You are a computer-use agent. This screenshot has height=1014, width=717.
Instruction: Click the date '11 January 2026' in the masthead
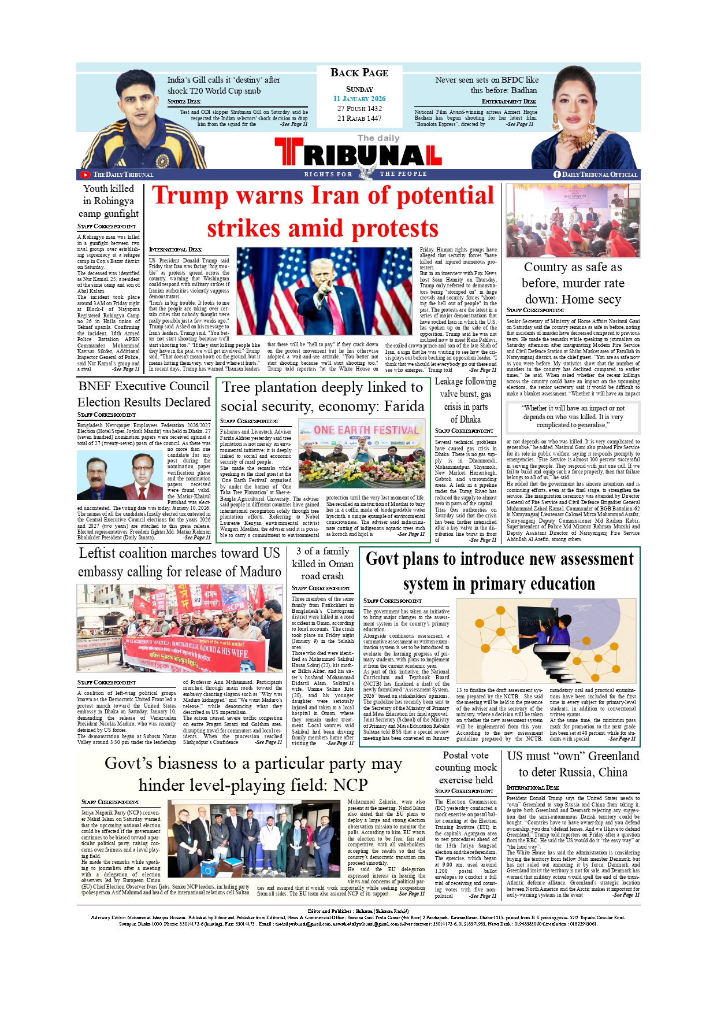(x=359, y=99)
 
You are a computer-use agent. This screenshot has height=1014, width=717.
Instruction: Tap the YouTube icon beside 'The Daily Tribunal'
(x=85, y=175)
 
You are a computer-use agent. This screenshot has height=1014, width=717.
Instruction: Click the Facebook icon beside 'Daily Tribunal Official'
(x=557, y=174)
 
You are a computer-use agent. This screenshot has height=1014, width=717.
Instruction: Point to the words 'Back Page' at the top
(x=359, y=73)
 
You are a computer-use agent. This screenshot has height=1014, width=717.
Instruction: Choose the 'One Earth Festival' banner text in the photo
(x=366, y=430)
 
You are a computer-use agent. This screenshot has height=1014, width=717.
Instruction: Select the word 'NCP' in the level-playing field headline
(x=350, y=785)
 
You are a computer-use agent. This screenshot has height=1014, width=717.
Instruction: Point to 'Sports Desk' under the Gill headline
(x=184, y=101)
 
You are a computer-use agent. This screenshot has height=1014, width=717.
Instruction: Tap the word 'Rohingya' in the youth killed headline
(x=114, y=201)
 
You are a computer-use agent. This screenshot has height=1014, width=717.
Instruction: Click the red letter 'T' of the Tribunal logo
(x=288, y=153)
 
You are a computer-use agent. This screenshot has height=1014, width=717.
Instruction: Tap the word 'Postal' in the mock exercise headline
(x=457, y=756)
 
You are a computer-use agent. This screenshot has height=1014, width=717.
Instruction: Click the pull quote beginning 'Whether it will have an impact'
(x=573, y=416)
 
